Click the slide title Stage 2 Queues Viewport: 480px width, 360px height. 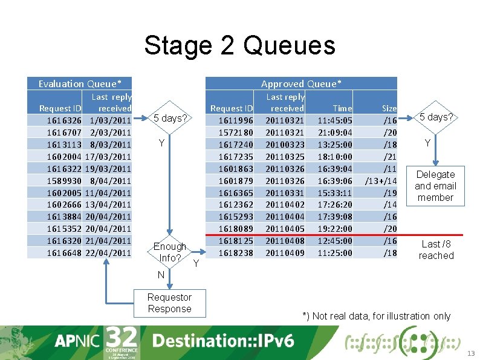pyautogui.click(x=239, y=46)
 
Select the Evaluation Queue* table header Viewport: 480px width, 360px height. pyautogui.click(x=80, y=83)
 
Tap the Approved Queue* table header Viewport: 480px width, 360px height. pyautogui.click(x=301, y=83)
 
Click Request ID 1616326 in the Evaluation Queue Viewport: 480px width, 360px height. pyautogui.click(x=64, y=120)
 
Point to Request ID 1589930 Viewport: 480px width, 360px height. pyautogui.click(x=64, y=180)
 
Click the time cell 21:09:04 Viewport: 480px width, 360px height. pyautogui.click(x=335, y=133)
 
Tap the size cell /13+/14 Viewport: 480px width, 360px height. pyautogui.click(x=380, y=180)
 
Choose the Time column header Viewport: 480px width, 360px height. pyautogui.click(x=342, y=108)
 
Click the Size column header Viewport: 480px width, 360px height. pyautogui.click(x=389, y=108)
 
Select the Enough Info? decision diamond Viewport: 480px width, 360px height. pyautogui.click(x=170, y=252)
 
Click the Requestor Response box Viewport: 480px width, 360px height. pyautogui.click(x=169, y=303)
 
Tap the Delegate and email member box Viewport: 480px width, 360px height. pyautogui.click(x=435, y=186)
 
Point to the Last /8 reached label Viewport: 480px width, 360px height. pyautogui.click(x=436, y=249)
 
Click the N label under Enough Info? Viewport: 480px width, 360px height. pyautogui.click(x=161, y=275)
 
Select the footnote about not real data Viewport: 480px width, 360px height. pyautogui.click(x=376, y=316)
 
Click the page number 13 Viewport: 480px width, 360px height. pyautogui.click(x=472, y=353)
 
